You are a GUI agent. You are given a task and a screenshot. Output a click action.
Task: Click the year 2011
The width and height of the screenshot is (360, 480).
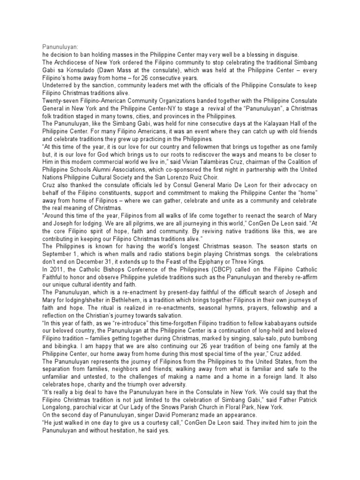(56, 269)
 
